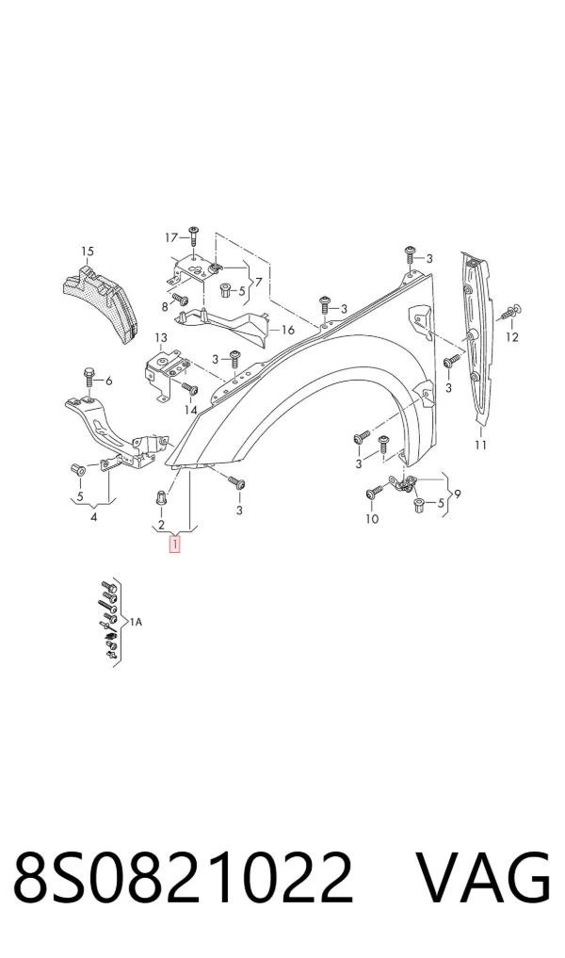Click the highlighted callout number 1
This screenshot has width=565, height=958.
[175, 544]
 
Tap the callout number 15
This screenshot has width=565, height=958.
[88, 252]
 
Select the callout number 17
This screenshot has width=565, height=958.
[171, 237]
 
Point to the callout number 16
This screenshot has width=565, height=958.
[288, 330]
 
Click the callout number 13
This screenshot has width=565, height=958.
[160, 338]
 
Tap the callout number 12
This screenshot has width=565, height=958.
[512, 336]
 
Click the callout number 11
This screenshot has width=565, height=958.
[480, 445]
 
